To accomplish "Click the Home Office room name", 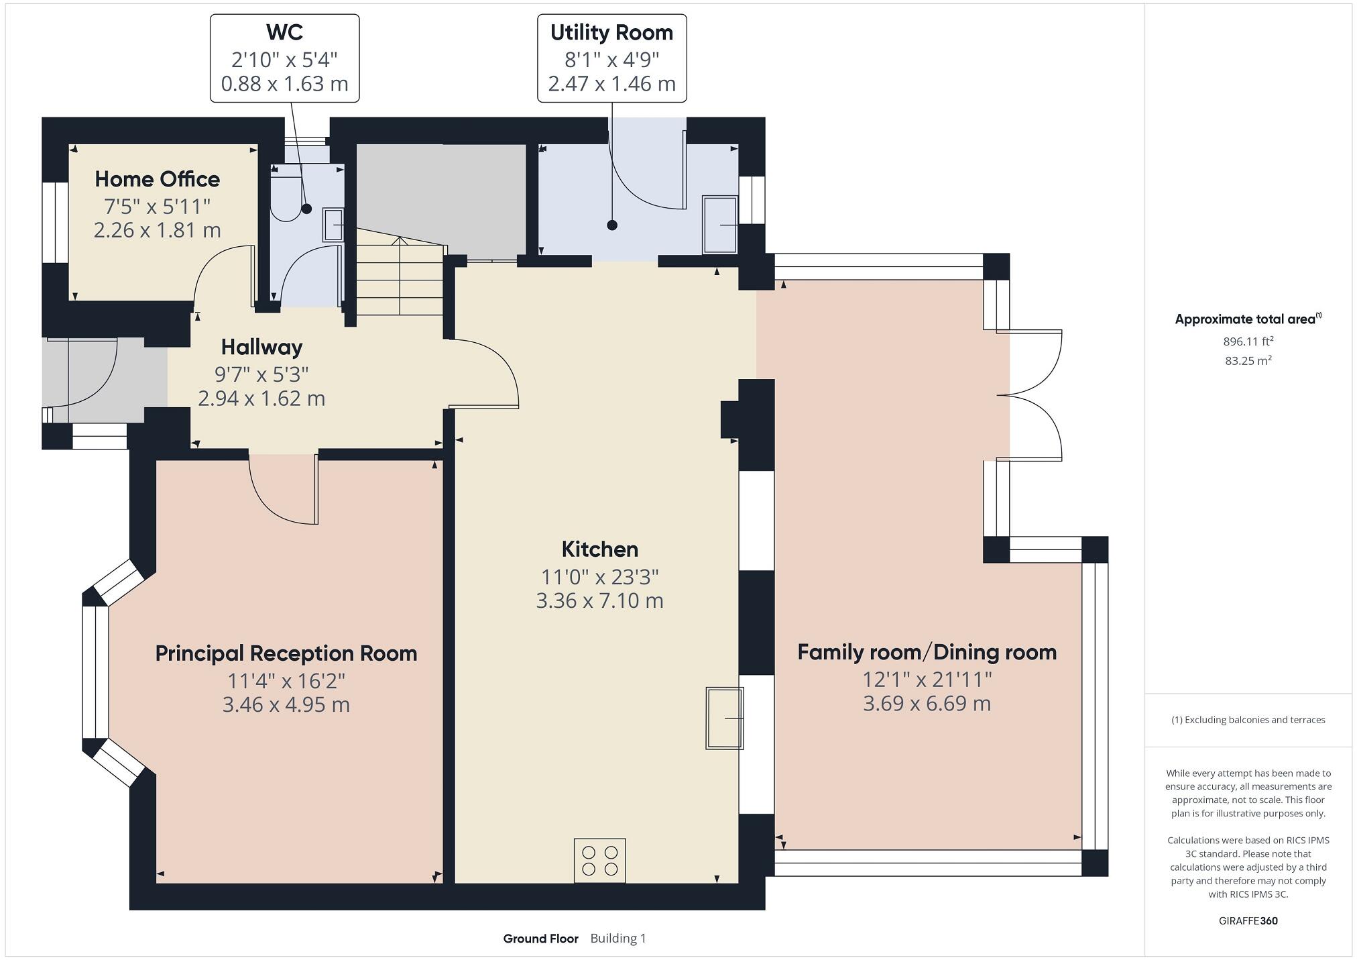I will pos(157,179).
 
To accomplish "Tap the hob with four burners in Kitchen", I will pos(599,861).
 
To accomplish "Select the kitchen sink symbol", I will pos(724,718).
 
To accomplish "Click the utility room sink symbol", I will pos(719,225).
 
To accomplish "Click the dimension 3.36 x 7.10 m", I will pos(599,600).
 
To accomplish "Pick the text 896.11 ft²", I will pos(1248,341).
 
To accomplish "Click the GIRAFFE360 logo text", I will pos(1248,920).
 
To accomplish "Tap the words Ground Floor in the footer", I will pos(540,939).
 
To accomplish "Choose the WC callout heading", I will pos(284,32).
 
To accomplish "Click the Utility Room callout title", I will pos(611,32).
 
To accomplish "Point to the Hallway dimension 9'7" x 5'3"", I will pos(261,374).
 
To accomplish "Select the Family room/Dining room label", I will pos(927,652).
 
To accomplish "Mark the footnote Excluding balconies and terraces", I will pos(1248,720).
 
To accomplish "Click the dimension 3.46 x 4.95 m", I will pos(286,705).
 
